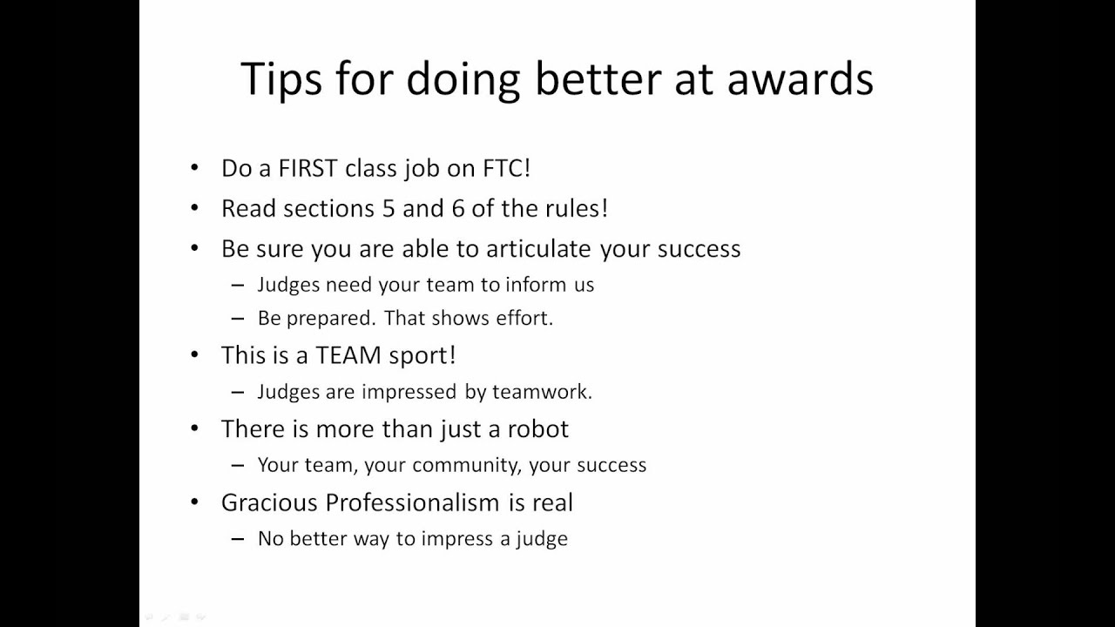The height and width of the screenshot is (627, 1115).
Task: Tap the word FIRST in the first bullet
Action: pyautogui.click(x=307, y=168)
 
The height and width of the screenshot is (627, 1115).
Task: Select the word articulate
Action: pyautogui.click(x=540, y=249)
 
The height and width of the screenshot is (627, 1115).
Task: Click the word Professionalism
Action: pyautogui.click(x=414, y=502)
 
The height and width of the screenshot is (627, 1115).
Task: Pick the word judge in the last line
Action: pyautogui.click(x=542, y=539)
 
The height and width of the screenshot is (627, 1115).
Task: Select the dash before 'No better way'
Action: pyautogui.click(x=238, y=539)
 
